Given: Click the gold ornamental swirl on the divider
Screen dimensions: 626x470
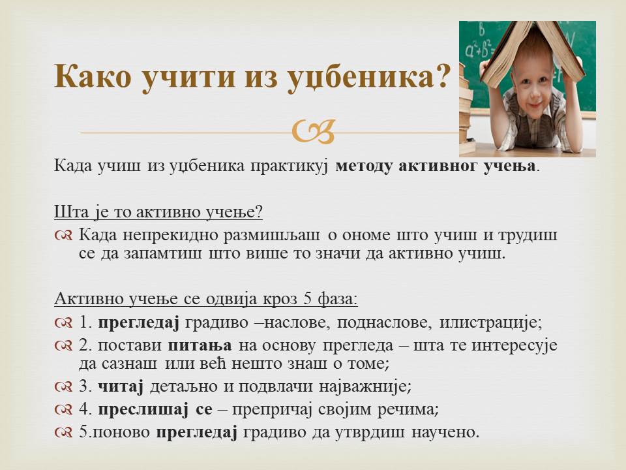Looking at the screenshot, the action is click(x=314, y=131).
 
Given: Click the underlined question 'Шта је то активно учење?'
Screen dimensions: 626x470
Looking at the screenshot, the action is click(x=158, y=211).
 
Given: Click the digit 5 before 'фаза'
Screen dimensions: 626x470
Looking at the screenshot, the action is click(x=307, y=298).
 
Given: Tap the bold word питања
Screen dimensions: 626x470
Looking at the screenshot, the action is click(x=200, y=345).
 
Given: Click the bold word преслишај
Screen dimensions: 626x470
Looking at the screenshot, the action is click(x=143, y=409).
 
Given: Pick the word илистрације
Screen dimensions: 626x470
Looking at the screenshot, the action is click(x=490, y=322).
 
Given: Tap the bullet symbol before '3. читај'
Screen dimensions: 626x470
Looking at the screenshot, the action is click(x=63, y=386).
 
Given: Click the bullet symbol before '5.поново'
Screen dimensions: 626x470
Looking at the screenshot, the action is click(x=63, y=432).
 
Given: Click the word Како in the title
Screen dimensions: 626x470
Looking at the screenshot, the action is click(x=93, y=76).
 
